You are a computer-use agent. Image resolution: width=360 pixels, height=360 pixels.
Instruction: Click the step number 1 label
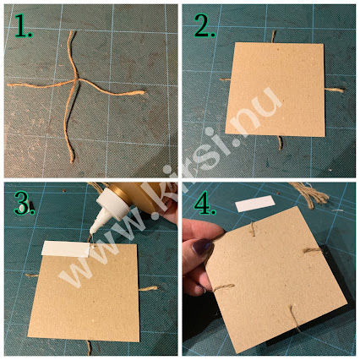pyautogui.click(x=23, y=26)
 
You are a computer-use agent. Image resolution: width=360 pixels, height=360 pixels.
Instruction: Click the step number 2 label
pyautogui.click(x=205, y=26)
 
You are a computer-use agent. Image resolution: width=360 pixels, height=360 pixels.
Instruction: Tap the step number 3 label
pyautogui.click(x=24, y=204)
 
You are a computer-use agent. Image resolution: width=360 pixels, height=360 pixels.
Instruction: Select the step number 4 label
pyautogui.click(x=205, y=203)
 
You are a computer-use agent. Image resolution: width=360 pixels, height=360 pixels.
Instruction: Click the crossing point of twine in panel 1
pyautogui.click(x=76, y=80)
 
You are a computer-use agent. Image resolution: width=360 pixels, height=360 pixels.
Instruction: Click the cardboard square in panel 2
pyautogui.click(x=275, y=90)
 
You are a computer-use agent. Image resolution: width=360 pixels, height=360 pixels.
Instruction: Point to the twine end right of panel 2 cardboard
pyautogui.click(x=335, y=90)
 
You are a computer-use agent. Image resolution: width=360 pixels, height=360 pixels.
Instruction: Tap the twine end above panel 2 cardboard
pyautogui.click(x=273, y=36)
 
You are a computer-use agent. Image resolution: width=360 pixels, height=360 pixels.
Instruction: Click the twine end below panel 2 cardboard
pyautogui.click(x=280, y=143)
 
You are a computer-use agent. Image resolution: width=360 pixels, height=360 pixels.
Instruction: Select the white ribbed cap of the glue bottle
pyautogui.click(x=112, y=205)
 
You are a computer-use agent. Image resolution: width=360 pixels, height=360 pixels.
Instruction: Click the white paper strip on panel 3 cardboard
pyautogui.click(x=66, y=248)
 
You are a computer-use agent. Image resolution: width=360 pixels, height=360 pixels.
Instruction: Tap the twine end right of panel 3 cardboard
pyautogui.click(x=148, y=288)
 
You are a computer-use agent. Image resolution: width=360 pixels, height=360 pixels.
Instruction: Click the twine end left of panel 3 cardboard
pyautogui.click(x=31, y=275)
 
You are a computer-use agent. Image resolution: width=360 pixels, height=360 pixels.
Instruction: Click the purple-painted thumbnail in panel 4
pyautogui.click(x=202, y=246)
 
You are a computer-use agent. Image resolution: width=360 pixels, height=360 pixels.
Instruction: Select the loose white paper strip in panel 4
pyautogui.click(x=255, y=204)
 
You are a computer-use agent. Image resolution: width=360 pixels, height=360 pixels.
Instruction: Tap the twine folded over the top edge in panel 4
pyautogui.click(x=253, y=229)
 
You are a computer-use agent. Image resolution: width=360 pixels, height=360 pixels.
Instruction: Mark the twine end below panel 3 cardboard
pyautogui.click(x=89, y=348)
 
